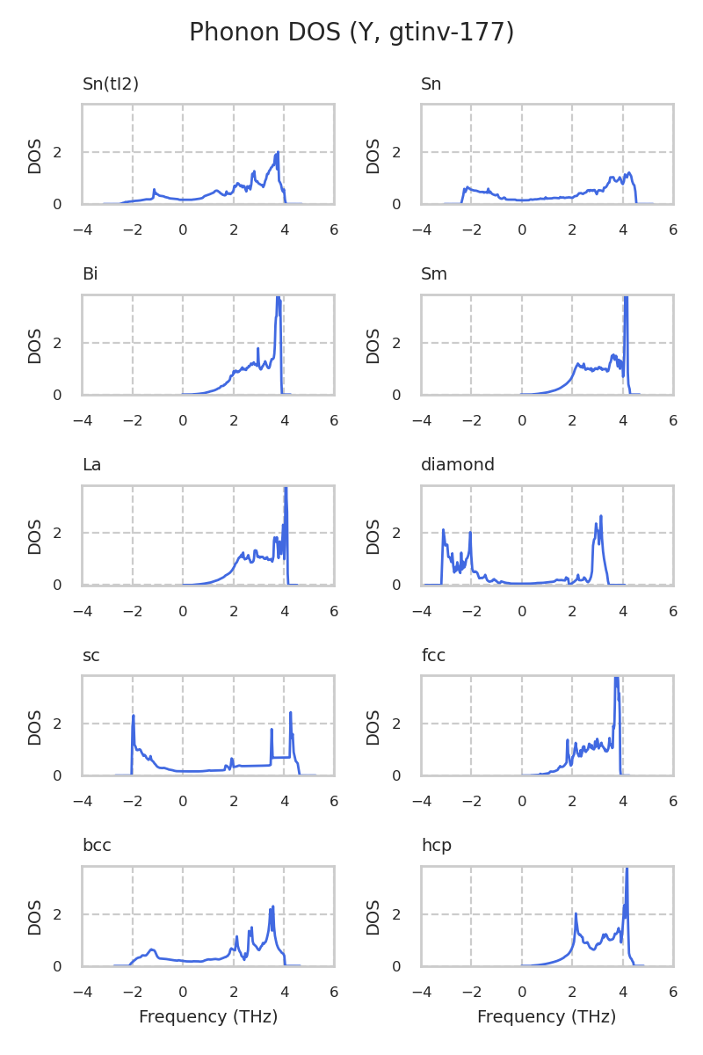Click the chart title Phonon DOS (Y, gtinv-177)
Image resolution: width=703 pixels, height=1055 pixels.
351,33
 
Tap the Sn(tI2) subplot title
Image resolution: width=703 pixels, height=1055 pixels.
111,84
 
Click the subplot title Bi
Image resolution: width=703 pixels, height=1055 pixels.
90,274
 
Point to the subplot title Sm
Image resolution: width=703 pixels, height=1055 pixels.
434,274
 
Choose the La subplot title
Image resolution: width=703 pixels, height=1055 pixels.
91,465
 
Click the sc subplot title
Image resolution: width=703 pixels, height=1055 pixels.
91,656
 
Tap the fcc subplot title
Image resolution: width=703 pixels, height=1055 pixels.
433,656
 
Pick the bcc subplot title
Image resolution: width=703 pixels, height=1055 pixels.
97,846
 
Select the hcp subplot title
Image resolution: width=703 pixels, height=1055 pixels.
436,846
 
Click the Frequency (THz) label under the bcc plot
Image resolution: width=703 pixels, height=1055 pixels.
208,1017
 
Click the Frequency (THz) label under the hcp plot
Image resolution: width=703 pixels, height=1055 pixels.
547,1017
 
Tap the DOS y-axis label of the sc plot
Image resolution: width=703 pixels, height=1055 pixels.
35,726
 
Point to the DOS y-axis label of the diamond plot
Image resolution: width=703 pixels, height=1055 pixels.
373,535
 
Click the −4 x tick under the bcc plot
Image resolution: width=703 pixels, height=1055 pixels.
83,992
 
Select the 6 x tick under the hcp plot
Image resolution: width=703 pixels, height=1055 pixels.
673,992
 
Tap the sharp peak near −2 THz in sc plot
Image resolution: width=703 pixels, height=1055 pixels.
134,716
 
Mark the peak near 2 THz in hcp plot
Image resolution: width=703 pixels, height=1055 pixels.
576,913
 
